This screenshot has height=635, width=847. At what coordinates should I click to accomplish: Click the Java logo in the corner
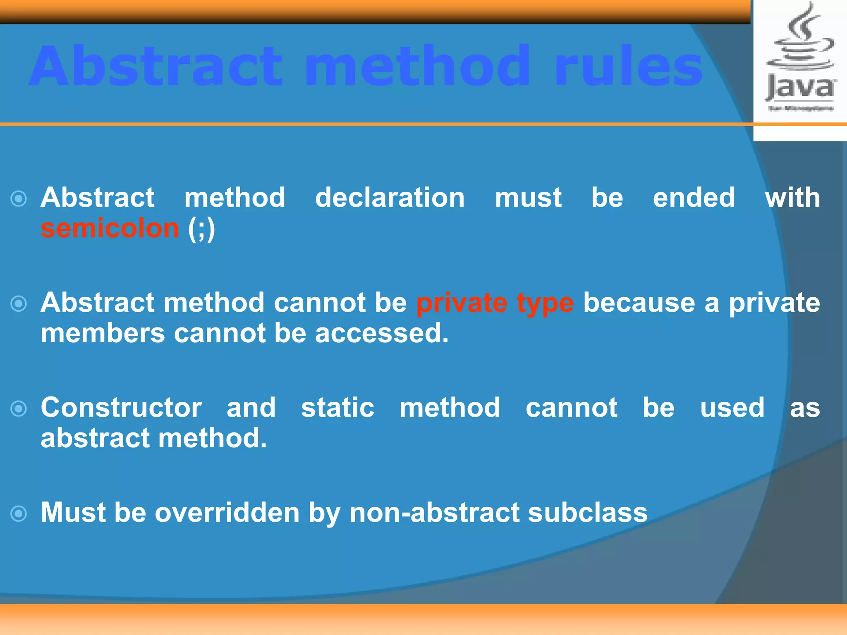(x=800, y=58)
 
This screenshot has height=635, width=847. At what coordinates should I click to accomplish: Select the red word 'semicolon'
(x=110, y=229)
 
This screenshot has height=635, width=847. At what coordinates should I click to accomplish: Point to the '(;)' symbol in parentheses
(x=201, y=229)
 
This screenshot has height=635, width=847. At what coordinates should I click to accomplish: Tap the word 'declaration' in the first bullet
(x=390, y=198)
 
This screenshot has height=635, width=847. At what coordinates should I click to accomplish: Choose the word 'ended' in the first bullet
(x=694, y=198)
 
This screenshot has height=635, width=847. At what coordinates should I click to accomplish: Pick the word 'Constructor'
(x=121, y=408)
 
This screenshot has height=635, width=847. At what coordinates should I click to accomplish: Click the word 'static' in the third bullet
(x=337, y=408)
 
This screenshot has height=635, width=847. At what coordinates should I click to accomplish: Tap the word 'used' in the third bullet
(x=732, y=408)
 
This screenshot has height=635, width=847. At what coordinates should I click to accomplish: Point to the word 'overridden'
(x=227, y=513)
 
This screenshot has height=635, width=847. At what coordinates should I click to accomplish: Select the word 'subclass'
(x=588, y=513)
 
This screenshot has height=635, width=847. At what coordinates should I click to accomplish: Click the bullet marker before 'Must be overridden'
(x=19, y=514)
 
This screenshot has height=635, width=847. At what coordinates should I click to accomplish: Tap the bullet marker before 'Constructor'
(x=19, y=409)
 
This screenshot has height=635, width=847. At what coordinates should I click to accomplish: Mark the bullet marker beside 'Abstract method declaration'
(x=19, y=199)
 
